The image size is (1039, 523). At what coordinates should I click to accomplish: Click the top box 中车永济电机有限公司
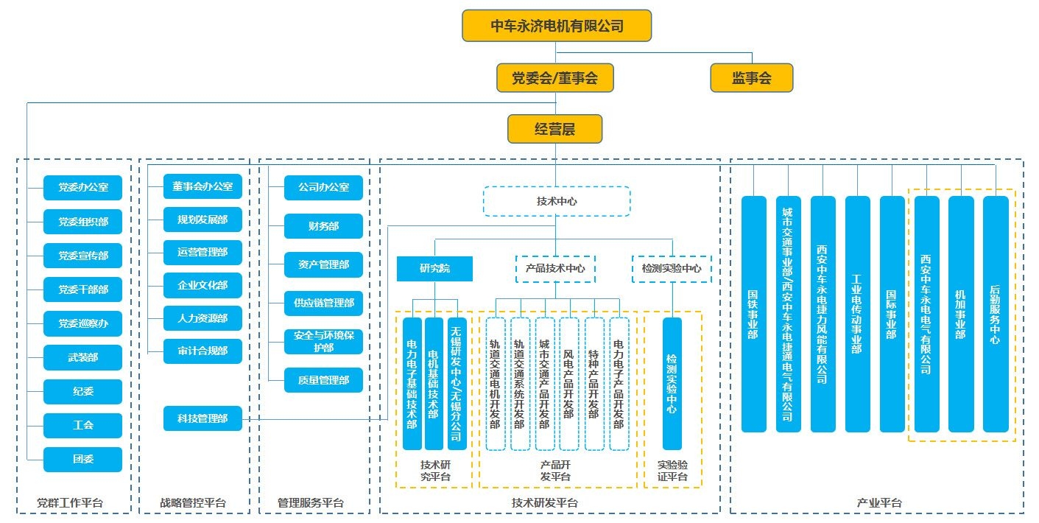(x=557, y=26)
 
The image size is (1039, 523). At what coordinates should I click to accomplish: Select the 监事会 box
(x=751, y=77)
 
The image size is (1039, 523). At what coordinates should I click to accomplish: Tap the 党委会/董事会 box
(x=554, y=77)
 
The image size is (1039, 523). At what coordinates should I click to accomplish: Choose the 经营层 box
(x=554, y=129)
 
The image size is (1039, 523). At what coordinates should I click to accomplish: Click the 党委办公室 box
(x=82, y=188)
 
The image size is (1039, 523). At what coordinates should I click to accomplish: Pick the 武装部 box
(x=82, y=357)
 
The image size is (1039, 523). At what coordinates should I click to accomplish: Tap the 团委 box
(x=82, y=460)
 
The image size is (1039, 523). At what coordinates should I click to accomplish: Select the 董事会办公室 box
(x=202, y=187)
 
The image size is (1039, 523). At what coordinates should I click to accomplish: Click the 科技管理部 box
(x=202, y=419)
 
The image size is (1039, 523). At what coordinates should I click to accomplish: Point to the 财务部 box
(x=323, y=226)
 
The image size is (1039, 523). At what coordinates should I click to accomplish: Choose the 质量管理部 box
(x=323, y=380)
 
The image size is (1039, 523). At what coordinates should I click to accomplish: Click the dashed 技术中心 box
(x=556, y=200)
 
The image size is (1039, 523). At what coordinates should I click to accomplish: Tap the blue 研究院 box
(x=434, y=269)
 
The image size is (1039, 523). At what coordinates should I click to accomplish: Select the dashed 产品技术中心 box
(x=554, y=269)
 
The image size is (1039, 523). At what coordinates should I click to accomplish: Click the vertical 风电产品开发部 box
(x=568, y=383)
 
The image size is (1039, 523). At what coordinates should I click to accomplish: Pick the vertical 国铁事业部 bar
(x=753, y=314)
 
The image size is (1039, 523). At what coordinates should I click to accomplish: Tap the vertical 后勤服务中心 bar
(x=996, y=314)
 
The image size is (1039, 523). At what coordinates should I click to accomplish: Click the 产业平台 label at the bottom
(x=878, y=503)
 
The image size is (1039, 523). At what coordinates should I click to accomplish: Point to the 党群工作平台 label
(x=70, y=504)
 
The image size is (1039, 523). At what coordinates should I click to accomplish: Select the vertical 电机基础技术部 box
(x=434, y=383)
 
